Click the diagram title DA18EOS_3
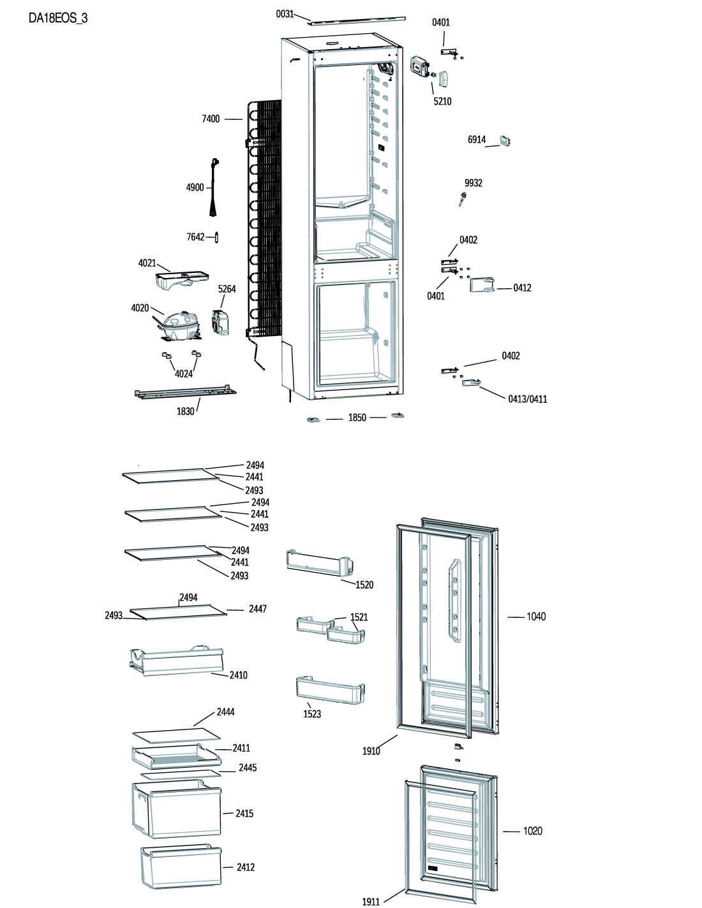58,18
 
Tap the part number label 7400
211,119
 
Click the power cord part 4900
215,187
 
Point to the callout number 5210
442,101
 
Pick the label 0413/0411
528,399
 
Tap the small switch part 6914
505,141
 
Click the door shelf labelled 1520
320,563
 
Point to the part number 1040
536,617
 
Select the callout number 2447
258,609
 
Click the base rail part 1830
185,393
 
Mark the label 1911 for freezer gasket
371,902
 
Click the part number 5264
227,289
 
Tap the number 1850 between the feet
357,418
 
